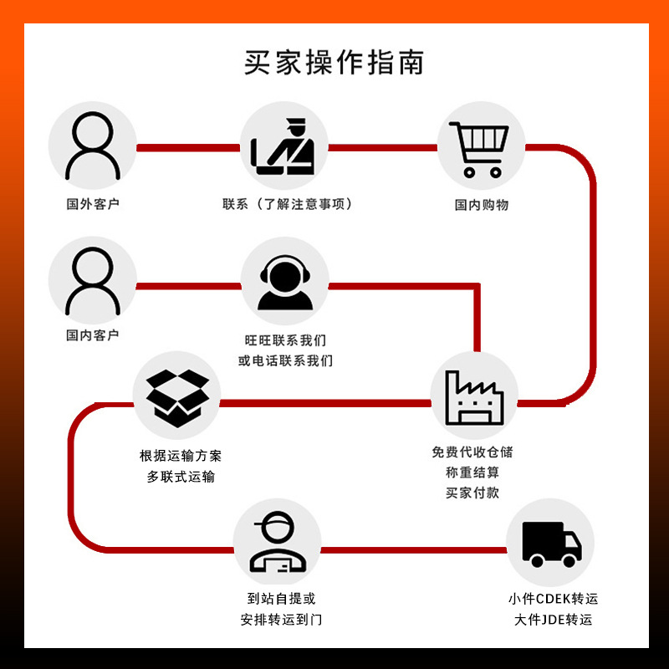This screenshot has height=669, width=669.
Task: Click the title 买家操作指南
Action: [334, 64]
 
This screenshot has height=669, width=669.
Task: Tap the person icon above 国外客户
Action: [93, 147]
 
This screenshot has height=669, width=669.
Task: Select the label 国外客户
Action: [93, 204]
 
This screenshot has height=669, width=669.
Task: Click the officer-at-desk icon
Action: [283, 147]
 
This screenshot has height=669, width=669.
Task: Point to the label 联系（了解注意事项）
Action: [287, 204]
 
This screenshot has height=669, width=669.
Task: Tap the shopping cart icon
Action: [481, 147]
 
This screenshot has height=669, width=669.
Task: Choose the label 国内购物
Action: [482, 204]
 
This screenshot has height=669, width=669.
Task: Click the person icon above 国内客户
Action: [93, 282]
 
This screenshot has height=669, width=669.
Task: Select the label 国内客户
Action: [93, 334]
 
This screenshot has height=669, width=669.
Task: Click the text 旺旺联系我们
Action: [285, 340]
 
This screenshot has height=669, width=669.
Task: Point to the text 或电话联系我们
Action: [285, 361]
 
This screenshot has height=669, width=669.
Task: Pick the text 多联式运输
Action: [181, 477]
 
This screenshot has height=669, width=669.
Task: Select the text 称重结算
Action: [472, 472]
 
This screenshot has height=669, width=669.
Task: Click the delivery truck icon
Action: [550, 543]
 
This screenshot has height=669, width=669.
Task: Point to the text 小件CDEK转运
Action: [553, 599]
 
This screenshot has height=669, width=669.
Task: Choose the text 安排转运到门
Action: [281, 620]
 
